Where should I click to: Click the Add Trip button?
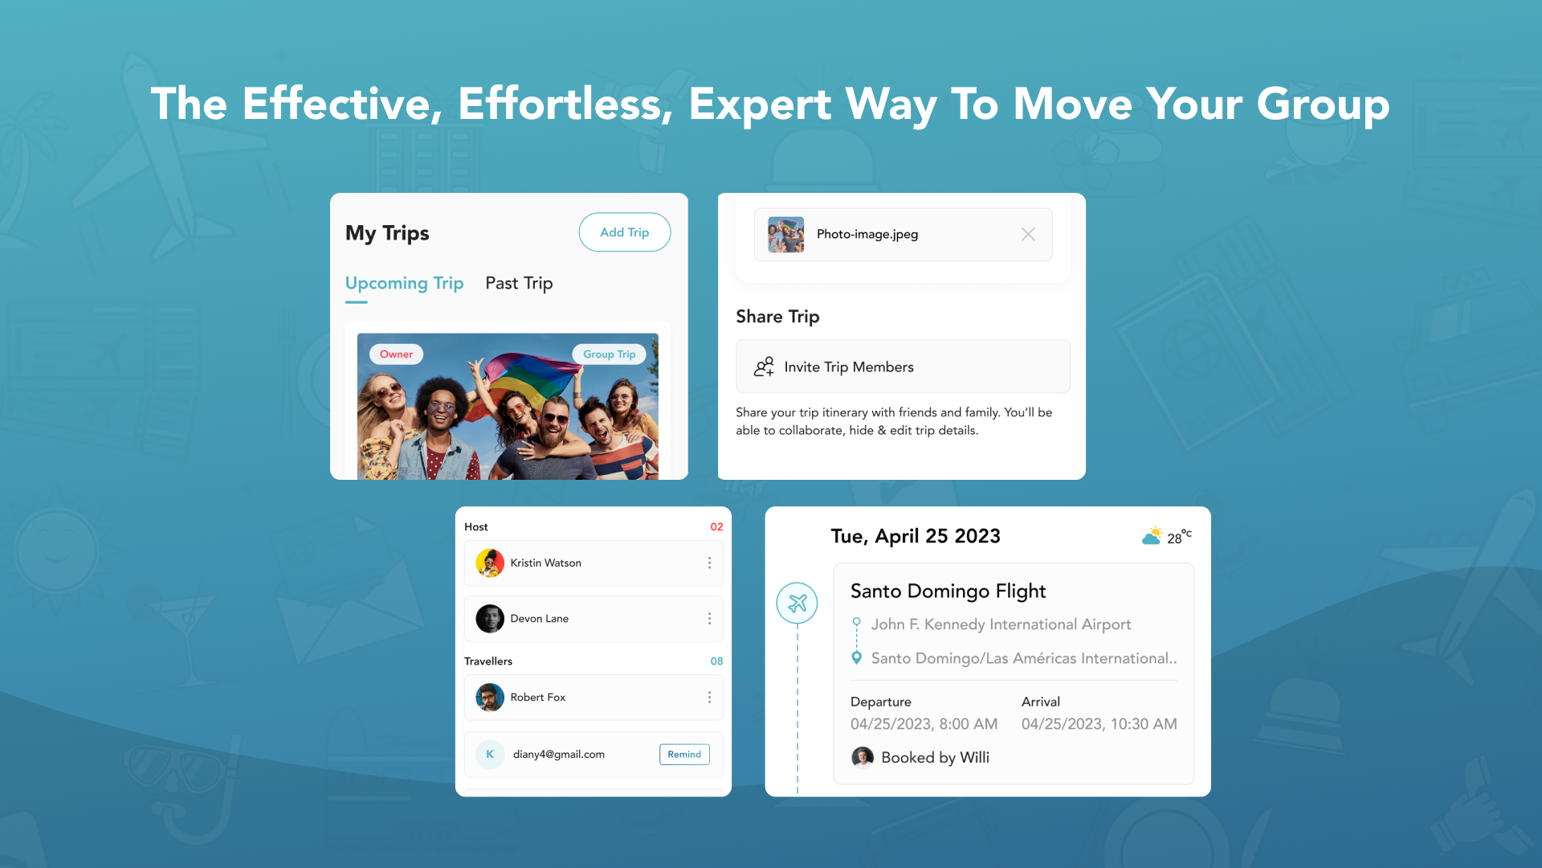tap(625, 232)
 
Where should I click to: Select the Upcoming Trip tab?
tap(404, 284)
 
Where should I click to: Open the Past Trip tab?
tap(519, 284)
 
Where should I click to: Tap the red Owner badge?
tap(396, 354)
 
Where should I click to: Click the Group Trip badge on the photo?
tap(609, 354)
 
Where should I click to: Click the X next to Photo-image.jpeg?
tap(1028, 235)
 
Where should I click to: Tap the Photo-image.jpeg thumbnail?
tap(785, 235)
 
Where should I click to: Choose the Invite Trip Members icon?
tap(764, 367)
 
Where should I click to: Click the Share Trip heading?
tap(777, 317)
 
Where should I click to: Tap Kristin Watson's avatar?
tap(490, 563)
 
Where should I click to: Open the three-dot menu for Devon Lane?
tap(709, 619)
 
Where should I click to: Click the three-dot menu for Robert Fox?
tap(709, 698)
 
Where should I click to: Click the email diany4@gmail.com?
tap(559, 755)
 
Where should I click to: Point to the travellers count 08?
tap(716, 661)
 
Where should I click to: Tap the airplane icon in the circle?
tap(797, 603)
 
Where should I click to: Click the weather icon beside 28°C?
tap(1152, 535)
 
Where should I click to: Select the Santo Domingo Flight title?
tap(948, 592)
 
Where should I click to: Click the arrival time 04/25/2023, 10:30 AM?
tap(1099, 724)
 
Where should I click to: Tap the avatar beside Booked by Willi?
tap(863, 757)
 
